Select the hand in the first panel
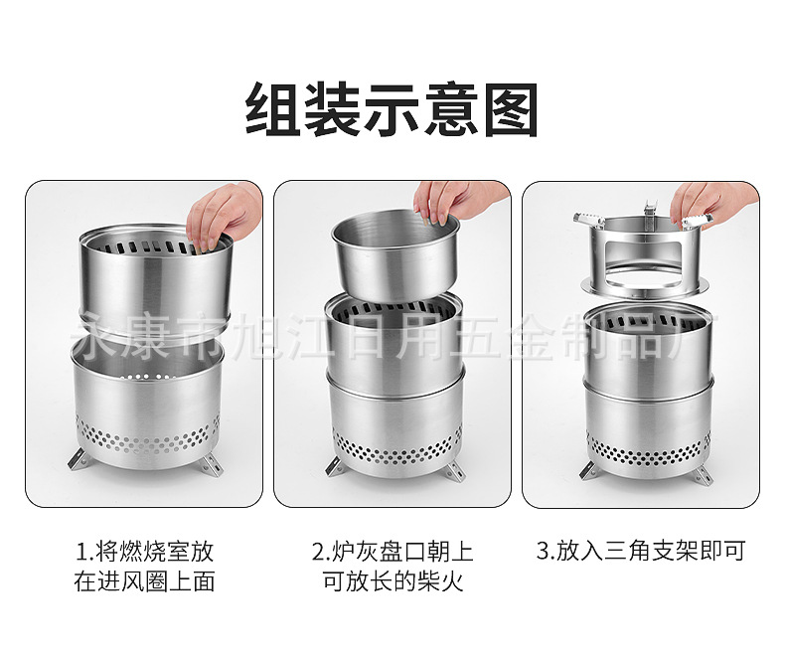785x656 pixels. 222,213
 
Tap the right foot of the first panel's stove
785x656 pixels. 211,462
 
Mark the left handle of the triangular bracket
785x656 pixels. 589,218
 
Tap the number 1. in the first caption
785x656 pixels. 83,551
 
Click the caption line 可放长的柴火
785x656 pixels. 392,581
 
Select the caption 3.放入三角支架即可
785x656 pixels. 640,551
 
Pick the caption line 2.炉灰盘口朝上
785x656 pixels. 392,551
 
